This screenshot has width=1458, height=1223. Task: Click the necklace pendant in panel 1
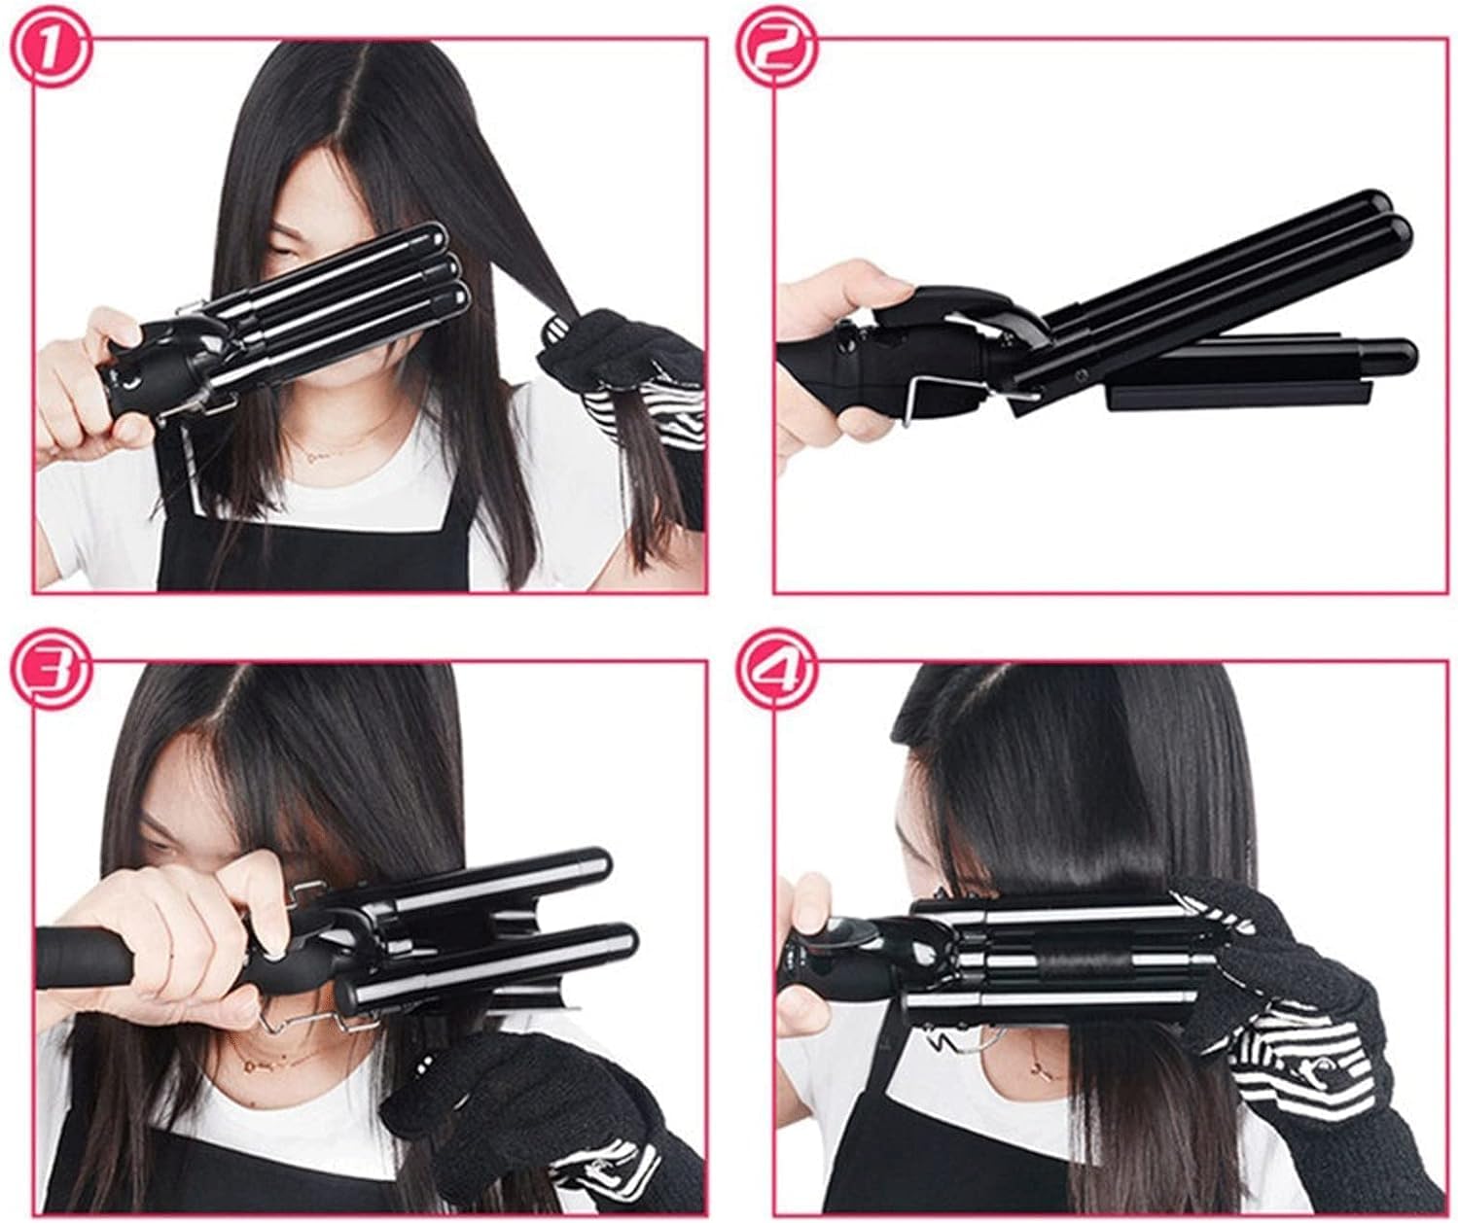pos(312,454)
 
